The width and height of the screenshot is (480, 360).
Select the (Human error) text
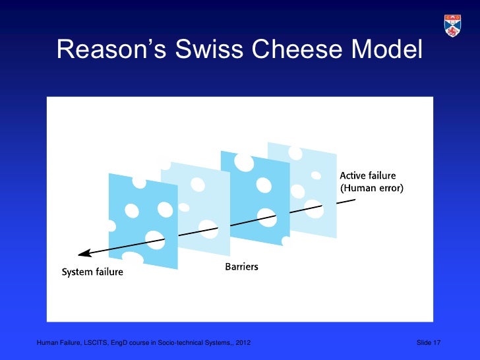click(371, 188)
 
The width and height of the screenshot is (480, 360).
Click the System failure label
click(92, 272)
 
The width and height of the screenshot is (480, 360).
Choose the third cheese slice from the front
click(254, 191)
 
